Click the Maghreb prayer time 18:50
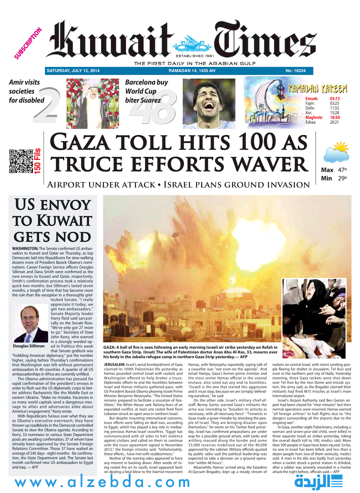click(x=334, y=117)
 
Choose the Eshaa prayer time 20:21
click(x=334, y=122)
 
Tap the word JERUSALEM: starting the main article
click(x=118, y=366)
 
